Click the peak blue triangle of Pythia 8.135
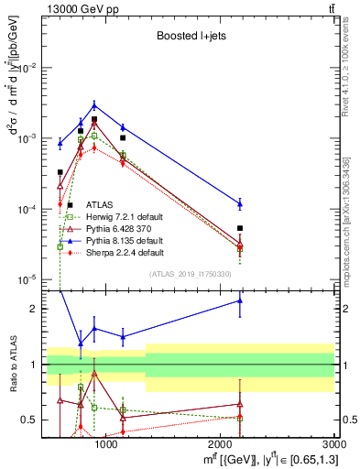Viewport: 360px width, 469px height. click(94, 105)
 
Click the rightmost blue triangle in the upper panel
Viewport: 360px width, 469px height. click(239, 203)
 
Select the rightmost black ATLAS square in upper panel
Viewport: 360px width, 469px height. click(239, 228)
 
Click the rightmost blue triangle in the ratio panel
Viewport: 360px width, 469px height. click(239, 300)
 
